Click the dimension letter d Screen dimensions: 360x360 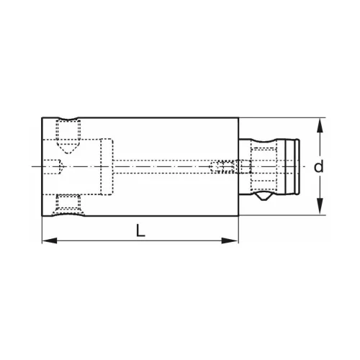318,166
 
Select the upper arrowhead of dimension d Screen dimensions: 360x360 318,125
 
